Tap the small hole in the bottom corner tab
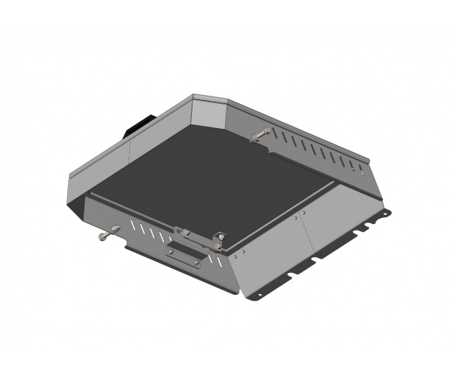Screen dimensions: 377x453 point(258,295)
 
